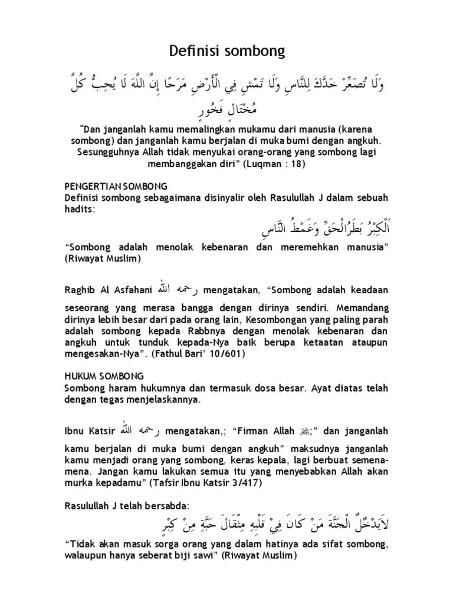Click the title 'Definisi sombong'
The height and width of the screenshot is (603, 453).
[226, 52]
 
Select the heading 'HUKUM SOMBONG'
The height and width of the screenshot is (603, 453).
[103, 375]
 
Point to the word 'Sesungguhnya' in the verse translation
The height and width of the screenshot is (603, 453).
[109, 153]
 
